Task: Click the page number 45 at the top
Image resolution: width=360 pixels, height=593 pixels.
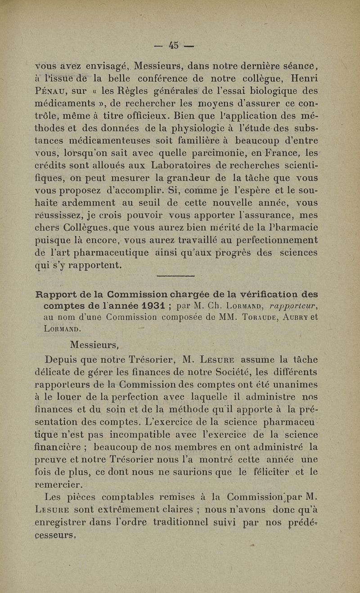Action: pyautogui.click(x=174, y=45)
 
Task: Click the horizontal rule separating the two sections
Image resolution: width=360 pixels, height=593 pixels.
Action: pyautogui.click(x=175, y=276)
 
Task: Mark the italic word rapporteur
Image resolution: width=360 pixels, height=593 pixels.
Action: pyautogui.click(x=292, y=306)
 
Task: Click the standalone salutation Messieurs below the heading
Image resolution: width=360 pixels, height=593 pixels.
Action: pyautogui.click(x=94, y=346)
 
